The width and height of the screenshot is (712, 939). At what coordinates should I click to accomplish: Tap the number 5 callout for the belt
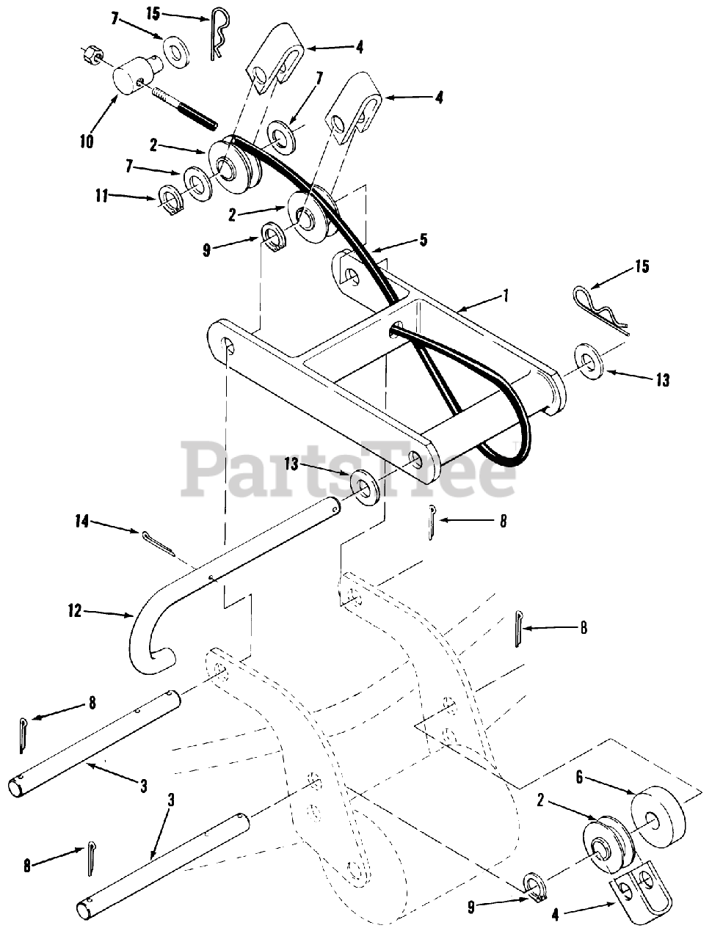click(x=424, y=238)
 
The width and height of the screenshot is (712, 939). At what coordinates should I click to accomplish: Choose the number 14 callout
click(x=81, y=522)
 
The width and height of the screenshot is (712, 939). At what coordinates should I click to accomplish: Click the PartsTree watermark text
click(x=349, y=470)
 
